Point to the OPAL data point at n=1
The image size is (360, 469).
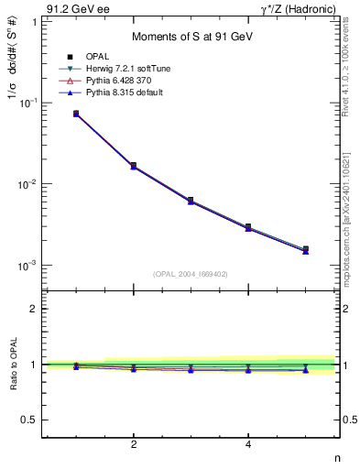pos(76,114)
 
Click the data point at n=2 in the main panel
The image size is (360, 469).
pos(134,166)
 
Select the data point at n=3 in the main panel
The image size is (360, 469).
pos(191,200)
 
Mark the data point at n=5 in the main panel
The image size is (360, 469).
pos(305,249)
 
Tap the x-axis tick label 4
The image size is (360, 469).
pos(248,445)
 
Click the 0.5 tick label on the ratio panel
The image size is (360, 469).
pos(30,420)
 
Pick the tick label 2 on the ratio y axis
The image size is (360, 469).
pos(34,310)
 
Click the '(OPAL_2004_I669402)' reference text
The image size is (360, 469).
pos(191,273)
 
